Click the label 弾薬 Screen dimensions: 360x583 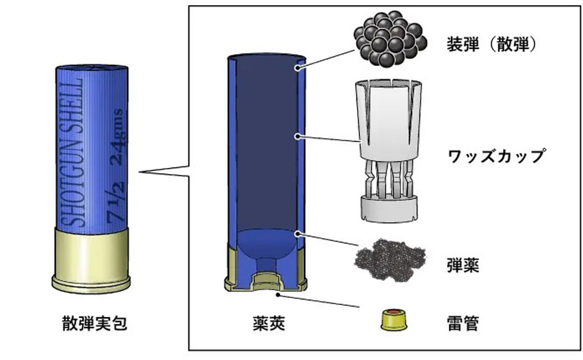pyautogui.click(x=463, y=265)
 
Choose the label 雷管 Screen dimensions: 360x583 pyautogui.click(x=463, y=324)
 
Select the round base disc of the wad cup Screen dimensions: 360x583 pyautogui.click(x=388, y=208)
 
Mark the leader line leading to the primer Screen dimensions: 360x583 pyautogui.click(x=319, y=301)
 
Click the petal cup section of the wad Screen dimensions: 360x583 pyautogui.click(x=387, y=117)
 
